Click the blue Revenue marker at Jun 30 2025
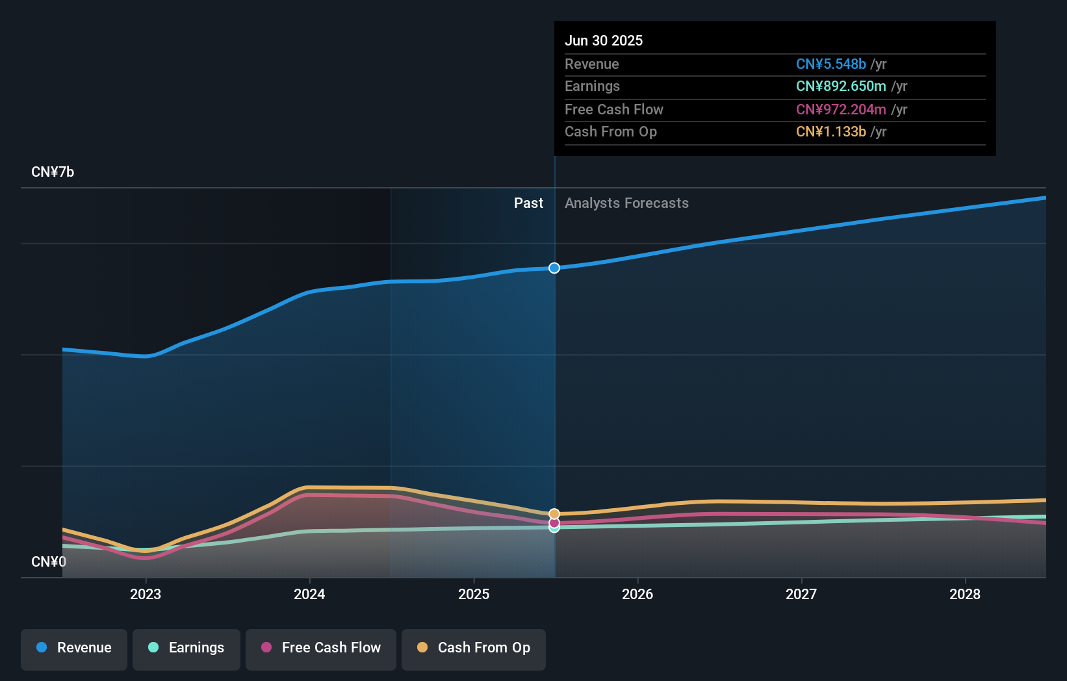pyautogui.click(x=554, y=268)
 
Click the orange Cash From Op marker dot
pyautogui.click(x=554, y=514)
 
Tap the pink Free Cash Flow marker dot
pyautogui.click(x=554, y=522)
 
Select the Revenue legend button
pyautogui.click(x=74, y=648)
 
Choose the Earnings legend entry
pyautogui.click(x=186, y=648)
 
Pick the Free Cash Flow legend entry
pyautogui.click(x=321, y=648)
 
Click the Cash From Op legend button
pyautogui.click(x=474, y=648)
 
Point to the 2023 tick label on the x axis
pyautogui.click(x=146, y=594)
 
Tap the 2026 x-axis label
pyautogui.click(x=637, y=594)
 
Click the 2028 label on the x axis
pyautogui.click(x=965, y=594)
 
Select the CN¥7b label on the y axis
pyautogui.click(x=53, y=172)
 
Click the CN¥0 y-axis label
pyautogui.click(x=49, y=561)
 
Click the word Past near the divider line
pyautogui.click(x=528, y=203)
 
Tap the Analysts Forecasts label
pyautogui.click(x=626, y=203)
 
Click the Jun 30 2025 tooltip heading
pyautogui.click(x=604, y=40)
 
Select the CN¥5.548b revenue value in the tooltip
pyautogui.click(x=830, y=64)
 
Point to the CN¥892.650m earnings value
pyautogui.click(x=841, y=86)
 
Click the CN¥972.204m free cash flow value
pyautogui.click(x=841, y=109)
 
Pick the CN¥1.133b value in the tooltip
pyautogui.click(x=830, y=131)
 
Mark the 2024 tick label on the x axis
pyautogui.click(x=309, y=594)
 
